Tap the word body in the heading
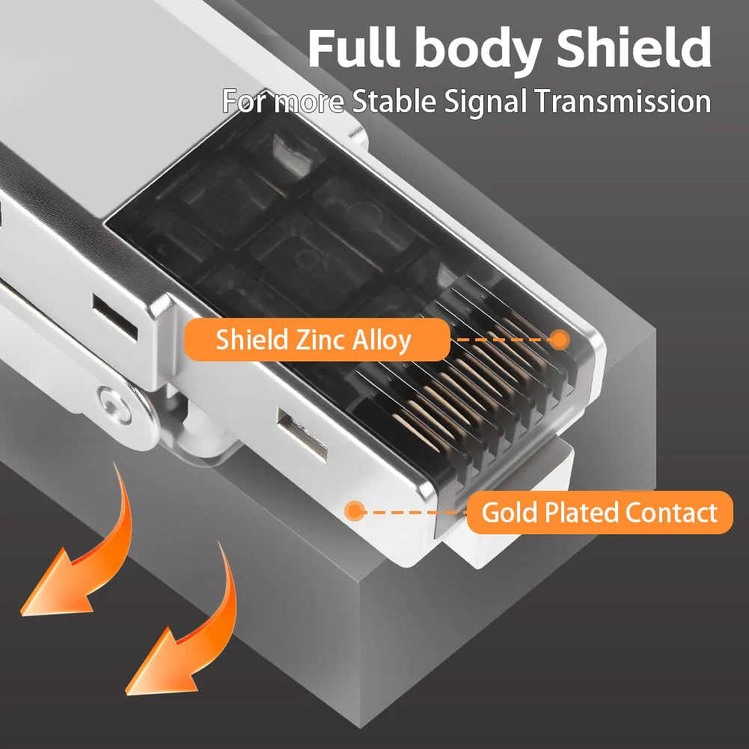point(477,51)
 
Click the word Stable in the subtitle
point(394,101)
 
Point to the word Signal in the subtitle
point(484,103)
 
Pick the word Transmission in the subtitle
point(623,101)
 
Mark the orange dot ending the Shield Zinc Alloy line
point(559,340)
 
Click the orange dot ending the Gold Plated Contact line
point(355,510)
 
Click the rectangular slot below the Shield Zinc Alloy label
point(302,435)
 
